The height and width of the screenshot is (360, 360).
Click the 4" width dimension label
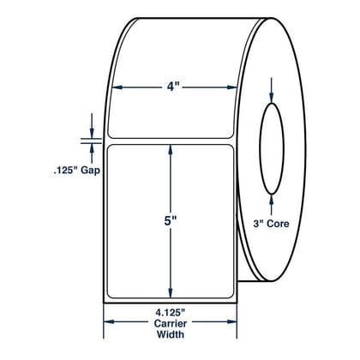click(171, 87)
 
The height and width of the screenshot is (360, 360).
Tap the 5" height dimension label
click(171, 221)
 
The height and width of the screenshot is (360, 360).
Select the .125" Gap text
click(76, 171)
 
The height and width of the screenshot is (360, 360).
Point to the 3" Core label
click(271, 224)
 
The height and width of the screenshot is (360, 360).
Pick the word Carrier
click(171, 324)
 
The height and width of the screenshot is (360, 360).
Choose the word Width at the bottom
click(171, 334)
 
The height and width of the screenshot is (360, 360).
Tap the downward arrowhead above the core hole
click(272, 99)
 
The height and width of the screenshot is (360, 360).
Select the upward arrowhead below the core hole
click(272, 200)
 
